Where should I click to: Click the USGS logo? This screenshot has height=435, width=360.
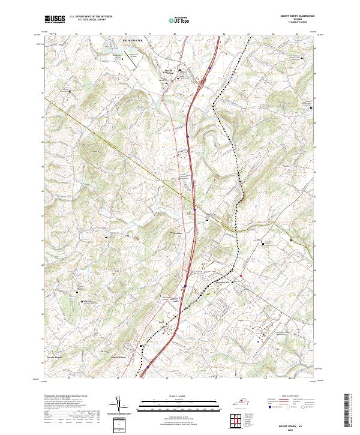point(54,20)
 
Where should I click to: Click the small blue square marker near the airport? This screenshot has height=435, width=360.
point(259,340)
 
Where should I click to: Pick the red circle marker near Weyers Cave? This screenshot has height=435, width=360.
point(241,275)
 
